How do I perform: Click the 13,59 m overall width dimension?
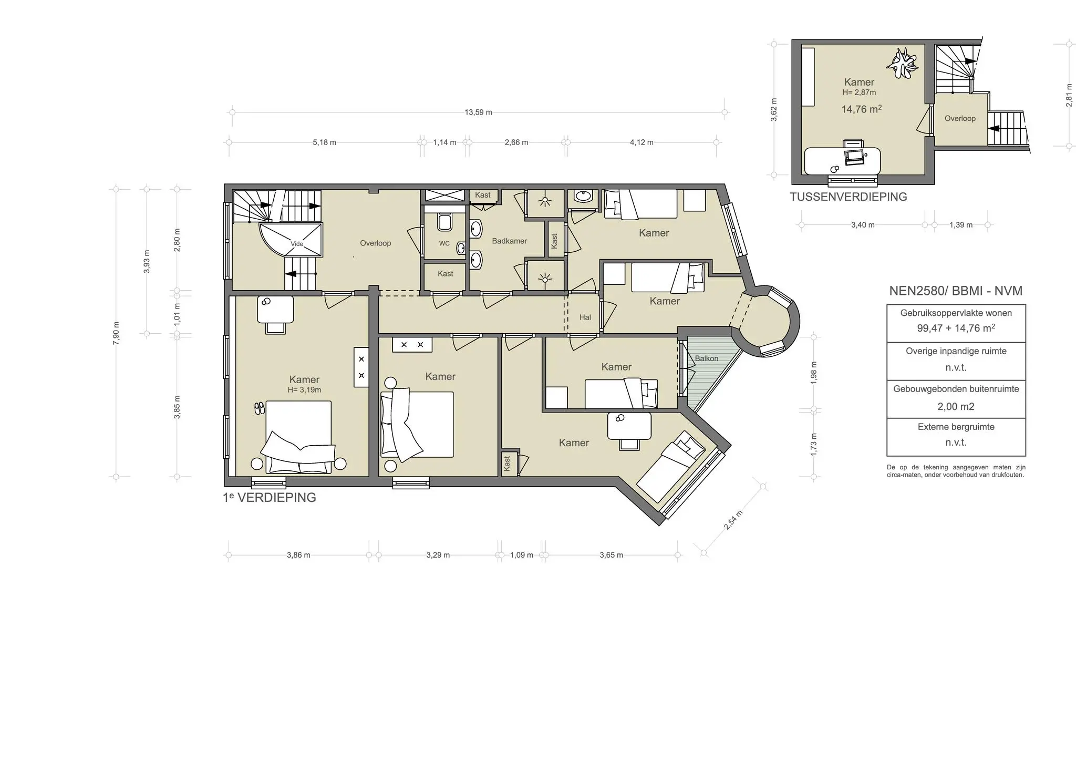pos(478,112)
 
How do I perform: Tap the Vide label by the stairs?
pos(297,244)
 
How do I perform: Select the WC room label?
pos(444,243)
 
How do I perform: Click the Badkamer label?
pos(509,241)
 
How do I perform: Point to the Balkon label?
pos(706,358)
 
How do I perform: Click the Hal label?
pos(585,317)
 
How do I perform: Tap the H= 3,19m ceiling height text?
pos(304,390)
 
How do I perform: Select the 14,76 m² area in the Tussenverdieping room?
pos(861,109)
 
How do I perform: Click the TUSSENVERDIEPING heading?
pos(848,197)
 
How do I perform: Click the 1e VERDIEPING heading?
pos(270,498)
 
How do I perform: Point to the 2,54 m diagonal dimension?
pos(733,520)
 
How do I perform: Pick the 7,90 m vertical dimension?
pos(116,332)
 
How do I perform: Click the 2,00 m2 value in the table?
pos(956,407)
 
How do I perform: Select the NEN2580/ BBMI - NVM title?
pos(955,291)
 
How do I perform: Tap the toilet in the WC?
pos(444,222)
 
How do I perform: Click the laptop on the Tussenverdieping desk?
pos(854,156)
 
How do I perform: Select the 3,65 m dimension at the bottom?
pos(611,555)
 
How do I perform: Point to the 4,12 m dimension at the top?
pos(641,142)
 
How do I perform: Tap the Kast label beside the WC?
pos(445,274)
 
